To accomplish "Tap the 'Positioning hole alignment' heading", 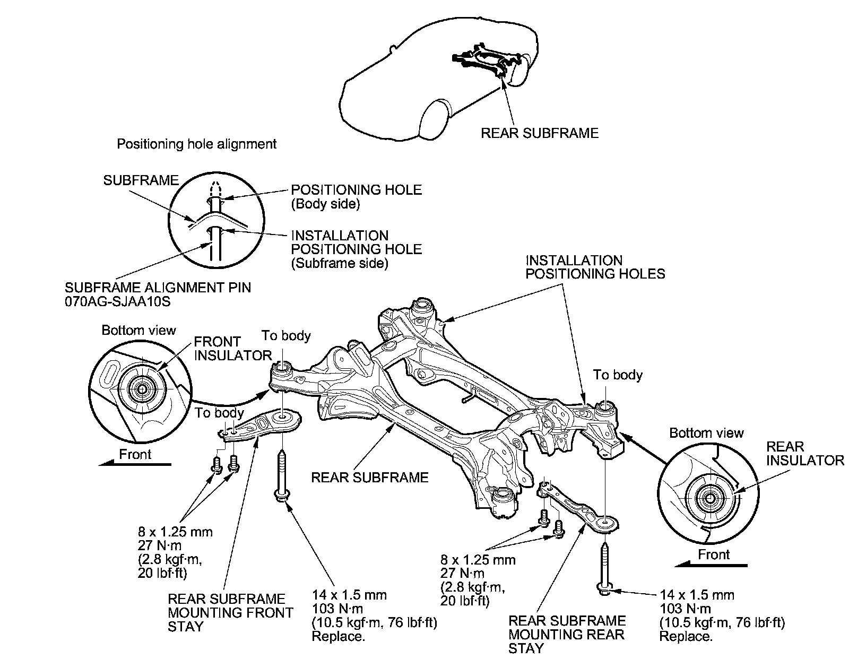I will click(196, 144).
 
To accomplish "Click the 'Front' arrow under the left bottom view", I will click(135, 464).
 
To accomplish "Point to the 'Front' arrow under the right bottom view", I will click(711, 565).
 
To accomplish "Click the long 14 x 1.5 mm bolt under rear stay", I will click(606, 568).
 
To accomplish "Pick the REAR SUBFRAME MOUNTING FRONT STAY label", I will click(230, 613).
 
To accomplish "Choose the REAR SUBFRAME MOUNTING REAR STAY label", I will click(567, 634).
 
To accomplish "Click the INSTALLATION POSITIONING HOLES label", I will click(594, 267).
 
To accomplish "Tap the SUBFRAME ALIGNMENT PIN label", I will click(158, 288).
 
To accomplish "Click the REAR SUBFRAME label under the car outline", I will click(539, 133).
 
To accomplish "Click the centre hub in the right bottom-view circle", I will click(709, 499).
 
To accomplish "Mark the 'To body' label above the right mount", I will click(618, 375).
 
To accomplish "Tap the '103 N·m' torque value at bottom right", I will click(685, 609).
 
